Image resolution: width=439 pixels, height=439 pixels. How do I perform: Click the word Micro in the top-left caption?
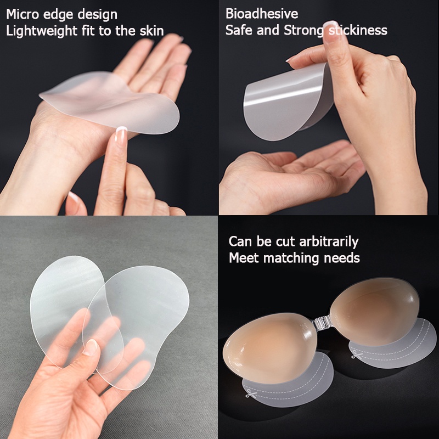tap(22, 14)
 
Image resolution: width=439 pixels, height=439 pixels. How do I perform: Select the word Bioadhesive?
tap(262, 14)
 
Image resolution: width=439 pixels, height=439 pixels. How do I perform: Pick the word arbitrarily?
tap(329, 241)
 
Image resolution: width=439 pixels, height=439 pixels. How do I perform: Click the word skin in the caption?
tap(152, 31)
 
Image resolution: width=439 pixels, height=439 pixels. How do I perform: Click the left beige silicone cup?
tap(270, 347)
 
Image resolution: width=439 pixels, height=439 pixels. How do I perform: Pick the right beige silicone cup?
tap(375, 310)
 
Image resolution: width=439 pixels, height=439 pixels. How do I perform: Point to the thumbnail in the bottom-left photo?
tap(91, 347)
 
